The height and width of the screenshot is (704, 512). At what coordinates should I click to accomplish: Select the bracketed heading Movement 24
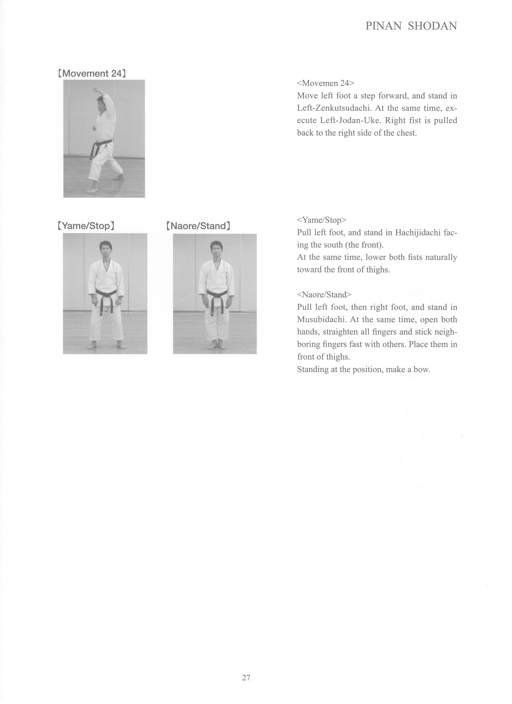92,74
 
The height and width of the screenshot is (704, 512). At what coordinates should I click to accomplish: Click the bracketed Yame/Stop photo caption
86,226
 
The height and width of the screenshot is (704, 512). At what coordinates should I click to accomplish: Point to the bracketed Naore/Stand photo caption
198,226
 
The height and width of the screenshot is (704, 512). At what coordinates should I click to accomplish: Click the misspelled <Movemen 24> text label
325,83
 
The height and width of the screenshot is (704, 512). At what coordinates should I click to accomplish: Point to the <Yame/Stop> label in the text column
321,220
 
